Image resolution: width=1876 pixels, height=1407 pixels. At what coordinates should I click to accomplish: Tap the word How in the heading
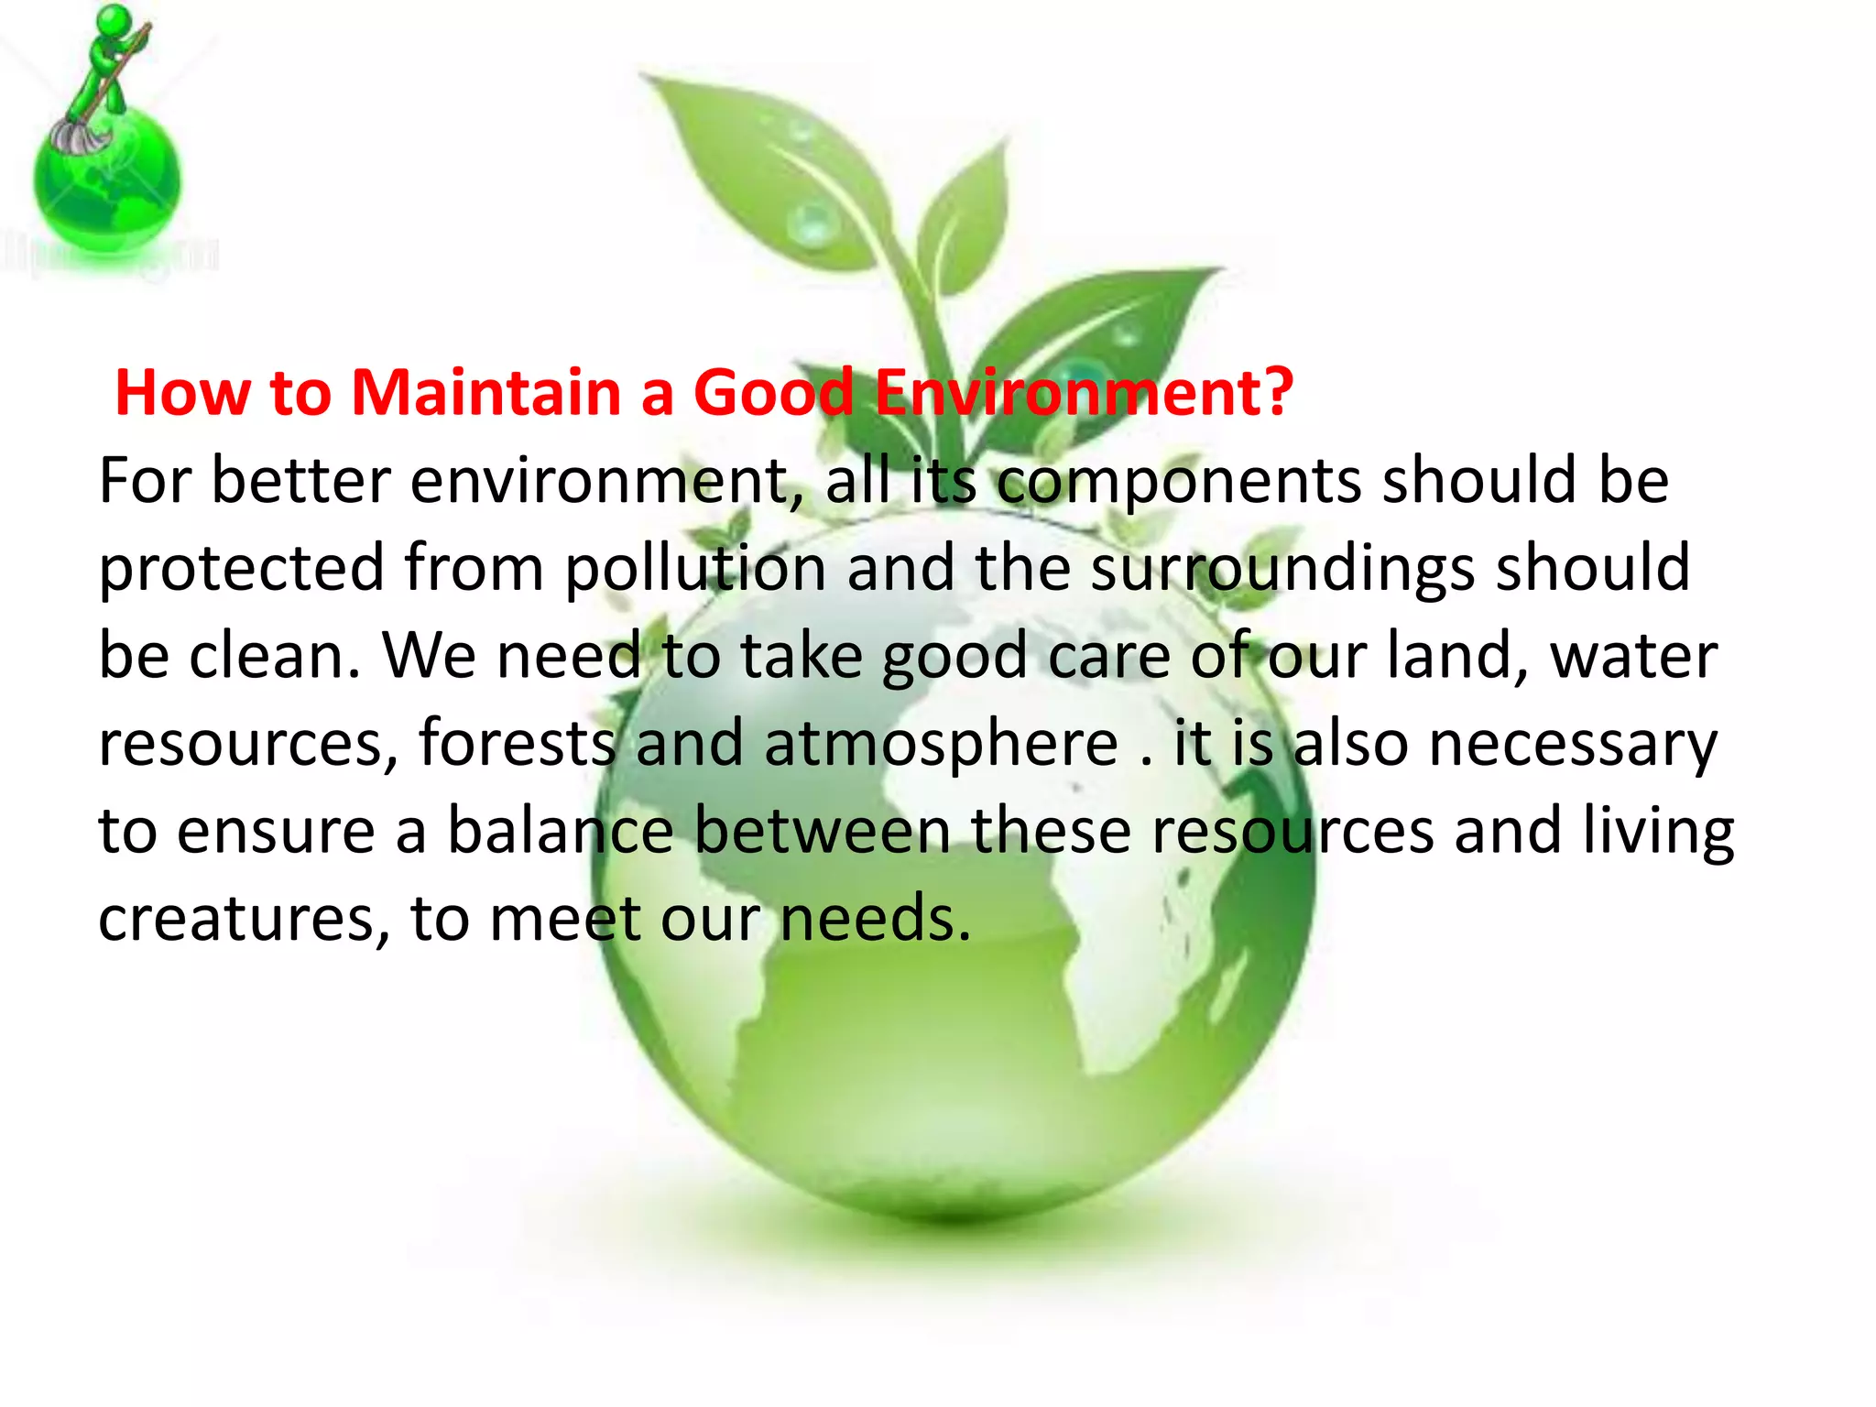coord(182,393)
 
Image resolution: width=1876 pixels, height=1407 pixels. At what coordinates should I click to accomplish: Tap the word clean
coord(274,656)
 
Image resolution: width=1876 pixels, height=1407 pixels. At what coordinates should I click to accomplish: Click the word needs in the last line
coord(875,919)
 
